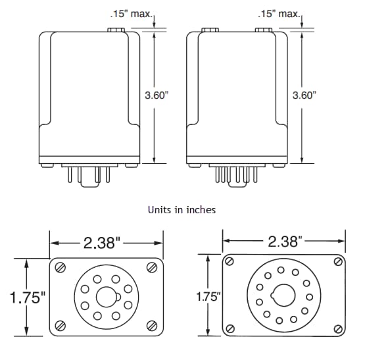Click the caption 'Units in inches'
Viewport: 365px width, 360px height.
click(x=182, y=210)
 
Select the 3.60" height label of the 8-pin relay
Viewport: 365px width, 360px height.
click(x=157, y=95)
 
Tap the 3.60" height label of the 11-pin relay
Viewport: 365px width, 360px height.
click(x=304, y=95)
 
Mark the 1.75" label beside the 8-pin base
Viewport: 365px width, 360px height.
click(x=26, y=297)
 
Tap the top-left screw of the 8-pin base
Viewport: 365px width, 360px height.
click(x=61, y=267)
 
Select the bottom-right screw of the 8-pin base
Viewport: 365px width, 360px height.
click(x=152, y=325)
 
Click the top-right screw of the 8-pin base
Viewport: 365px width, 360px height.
click(x=152, y=267)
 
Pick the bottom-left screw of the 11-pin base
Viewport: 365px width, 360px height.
click(x=230, y=329)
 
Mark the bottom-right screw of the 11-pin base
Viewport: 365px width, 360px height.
click(x=337, y=329)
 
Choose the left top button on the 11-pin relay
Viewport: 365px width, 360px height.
click(x=210, y=30)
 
